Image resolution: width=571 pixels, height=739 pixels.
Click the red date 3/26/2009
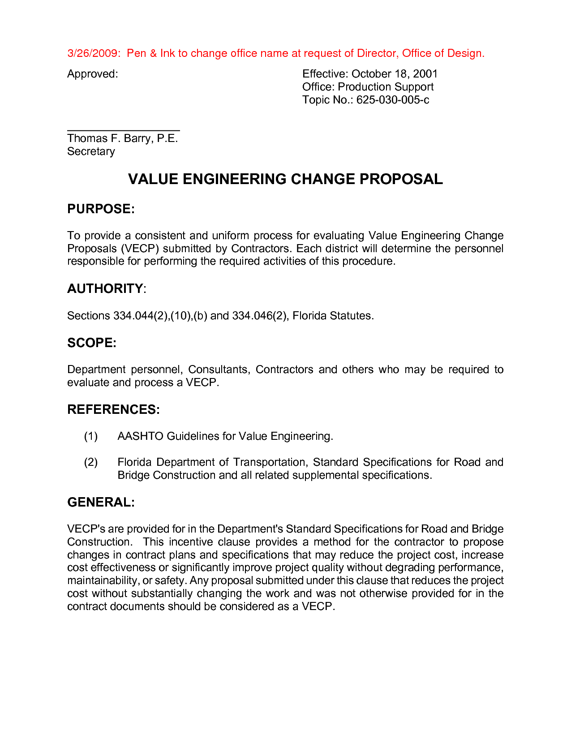pyautogui.click(x=93, y=53)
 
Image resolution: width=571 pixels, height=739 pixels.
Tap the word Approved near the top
pyautogui.click(x=92, y=74)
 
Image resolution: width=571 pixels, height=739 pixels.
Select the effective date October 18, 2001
pyautogui.click(x=394, y=74)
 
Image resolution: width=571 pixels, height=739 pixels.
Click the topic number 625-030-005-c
pyautogui.click(x=392, y=100)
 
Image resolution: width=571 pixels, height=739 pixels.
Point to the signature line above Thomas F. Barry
pyautogui.click(x=123, y=130)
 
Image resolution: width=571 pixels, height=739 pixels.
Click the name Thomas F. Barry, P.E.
pyautogui.click(x=122, y=138)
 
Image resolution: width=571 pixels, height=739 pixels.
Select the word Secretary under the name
pyautogui.click(x=91, y=151)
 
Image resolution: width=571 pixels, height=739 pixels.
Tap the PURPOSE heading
pyautogui.click(x=101, y=209)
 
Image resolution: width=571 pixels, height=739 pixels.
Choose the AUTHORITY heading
pyautogui.click(x=105, y=289)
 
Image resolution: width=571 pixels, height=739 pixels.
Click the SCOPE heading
pyautogui.click(x=91, y=343)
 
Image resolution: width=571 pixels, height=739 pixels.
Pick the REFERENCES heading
pyautogui.click(x=113, y=410)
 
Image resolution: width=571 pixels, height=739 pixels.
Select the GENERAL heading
pyautogui.click(x=100, y=503)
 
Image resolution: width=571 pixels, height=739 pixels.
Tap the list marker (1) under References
pyautogui.click(x=91, y=436)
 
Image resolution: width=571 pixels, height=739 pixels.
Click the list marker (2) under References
pyautogui.click(x=91, y=462)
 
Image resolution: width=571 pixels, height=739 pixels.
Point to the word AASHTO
pyautogui.click(x=140, y=436)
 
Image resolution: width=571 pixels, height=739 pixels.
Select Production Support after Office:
pyautogui.click(x=385, y=87)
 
